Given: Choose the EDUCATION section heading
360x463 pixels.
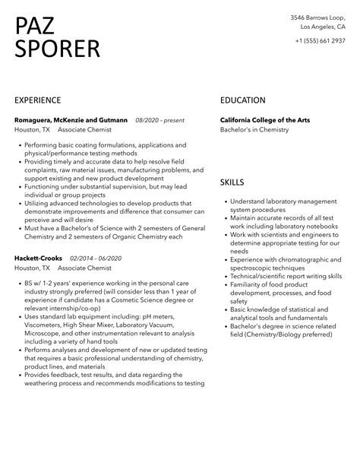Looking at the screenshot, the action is (x=242, y=100).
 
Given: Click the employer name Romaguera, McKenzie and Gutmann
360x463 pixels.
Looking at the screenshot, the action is (x=71, y=119).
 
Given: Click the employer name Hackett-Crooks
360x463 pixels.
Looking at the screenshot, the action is (x=38, y=258).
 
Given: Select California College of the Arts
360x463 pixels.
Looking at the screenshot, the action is (x=270, y=119).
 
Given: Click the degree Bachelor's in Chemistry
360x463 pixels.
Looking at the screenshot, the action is (x=254, y=129).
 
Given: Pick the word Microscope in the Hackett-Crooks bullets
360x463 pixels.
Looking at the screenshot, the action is (x=44, y=334).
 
